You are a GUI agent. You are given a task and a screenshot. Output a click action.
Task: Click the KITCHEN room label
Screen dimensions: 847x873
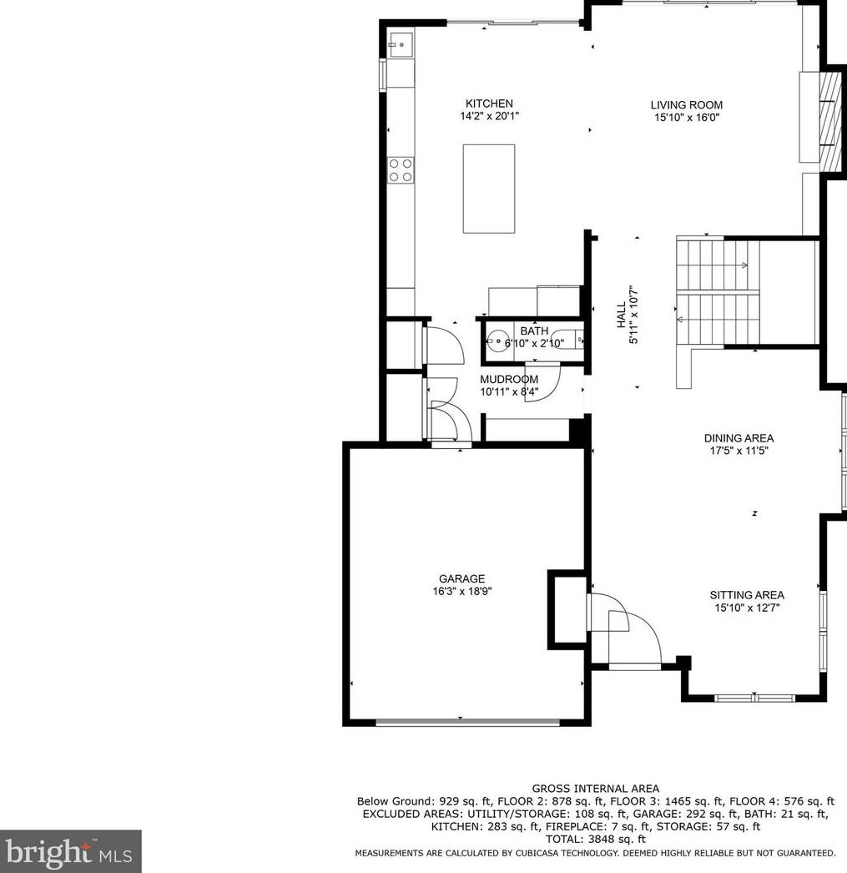(x=489, y=103)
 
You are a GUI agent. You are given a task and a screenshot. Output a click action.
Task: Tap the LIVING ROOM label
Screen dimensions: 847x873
(x=687, y=104)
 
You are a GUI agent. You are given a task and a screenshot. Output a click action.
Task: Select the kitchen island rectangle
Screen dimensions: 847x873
(x=489, y=189)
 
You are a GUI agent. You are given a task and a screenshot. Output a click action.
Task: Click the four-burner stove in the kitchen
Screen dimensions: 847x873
(x=401, y=169)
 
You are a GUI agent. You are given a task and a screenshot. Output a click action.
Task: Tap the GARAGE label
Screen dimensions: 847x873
(x=461, y=578)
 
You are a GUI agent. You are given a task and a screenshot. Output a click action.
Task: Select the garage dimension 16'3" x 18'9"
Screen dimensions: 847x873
(x=462, y=591)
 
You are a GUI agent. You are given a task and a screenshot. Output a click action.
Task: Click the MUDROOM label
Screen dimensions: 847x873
(x=509, y=379)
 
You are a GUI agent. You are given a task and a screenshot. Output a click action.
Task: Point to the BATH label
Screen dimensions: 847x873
(x=534, y=331)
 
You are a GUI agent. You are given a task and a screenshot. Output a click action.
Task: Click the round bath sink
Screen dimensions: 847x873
(x=497, y=341)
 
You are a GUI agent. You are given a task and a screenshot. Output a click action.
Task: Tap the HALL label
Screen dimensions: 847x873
(x=621, y=315)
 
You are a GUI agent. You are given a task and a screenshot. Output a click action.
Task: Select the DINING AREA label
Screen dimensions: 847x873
(x=739, y=438)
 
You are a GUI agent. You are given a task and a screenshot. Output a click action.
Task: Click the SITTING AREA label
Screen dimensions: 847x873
(x=747, y=594)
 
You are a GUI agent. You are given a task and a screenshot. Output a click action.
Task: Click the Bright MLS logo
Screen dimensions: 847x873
(x=70, y=852)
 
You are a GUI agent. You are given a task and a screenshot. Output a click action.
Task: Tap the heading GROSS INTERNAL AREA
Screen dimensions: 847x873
(x=596, y=789)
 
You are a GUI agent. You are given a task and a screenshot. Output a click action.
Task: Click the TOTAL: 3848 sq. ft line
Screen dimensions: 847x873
(x=596, y=840)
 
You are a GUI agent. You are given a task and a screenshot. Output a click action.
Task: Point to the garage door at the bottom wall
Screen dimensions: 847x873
(x=467, y=723)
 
